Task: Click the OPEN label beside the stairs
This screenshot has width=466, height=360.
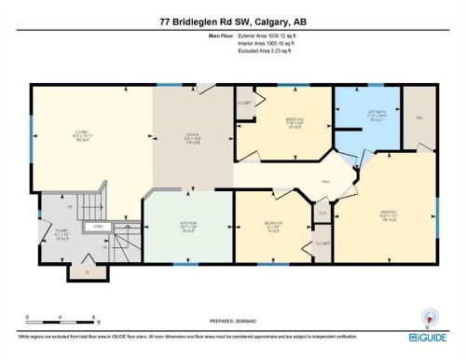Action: tap(96, 226)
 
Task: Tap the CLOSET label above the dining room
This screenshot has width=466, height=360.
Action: tap(245, 103)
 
